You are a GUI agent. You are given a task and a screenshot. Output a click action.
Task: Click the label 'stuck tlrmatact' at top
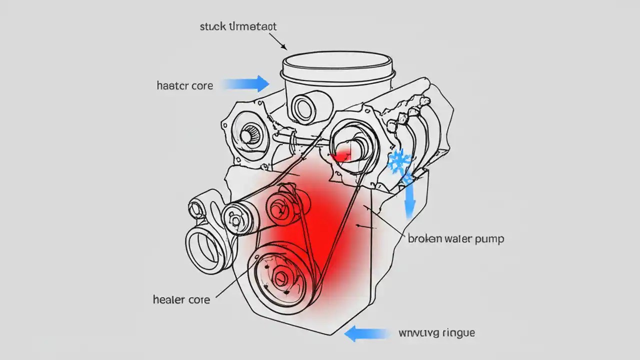[237, 27]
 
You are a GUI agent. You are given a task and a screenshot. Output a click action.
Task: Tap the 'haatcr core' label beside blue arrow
[184, 85]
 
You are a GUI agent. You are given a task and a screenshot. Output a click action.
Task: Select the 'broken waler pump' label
[455, 238]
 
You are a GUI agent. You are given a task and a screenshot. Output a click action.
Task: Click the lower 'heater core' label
[180, 299]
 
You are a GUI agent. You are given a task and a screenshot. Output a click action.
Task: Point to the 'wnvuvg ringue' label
[437, 332]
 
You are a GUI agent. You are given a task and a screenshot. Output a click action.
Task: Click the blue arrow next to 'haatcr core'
[246, 83]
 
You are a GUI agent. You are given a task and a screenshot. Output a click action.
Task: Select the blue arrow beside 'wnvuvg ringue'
[367, 333]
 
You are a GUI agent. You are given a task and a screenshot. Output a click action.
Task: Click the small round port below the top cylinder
[303, 106]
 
